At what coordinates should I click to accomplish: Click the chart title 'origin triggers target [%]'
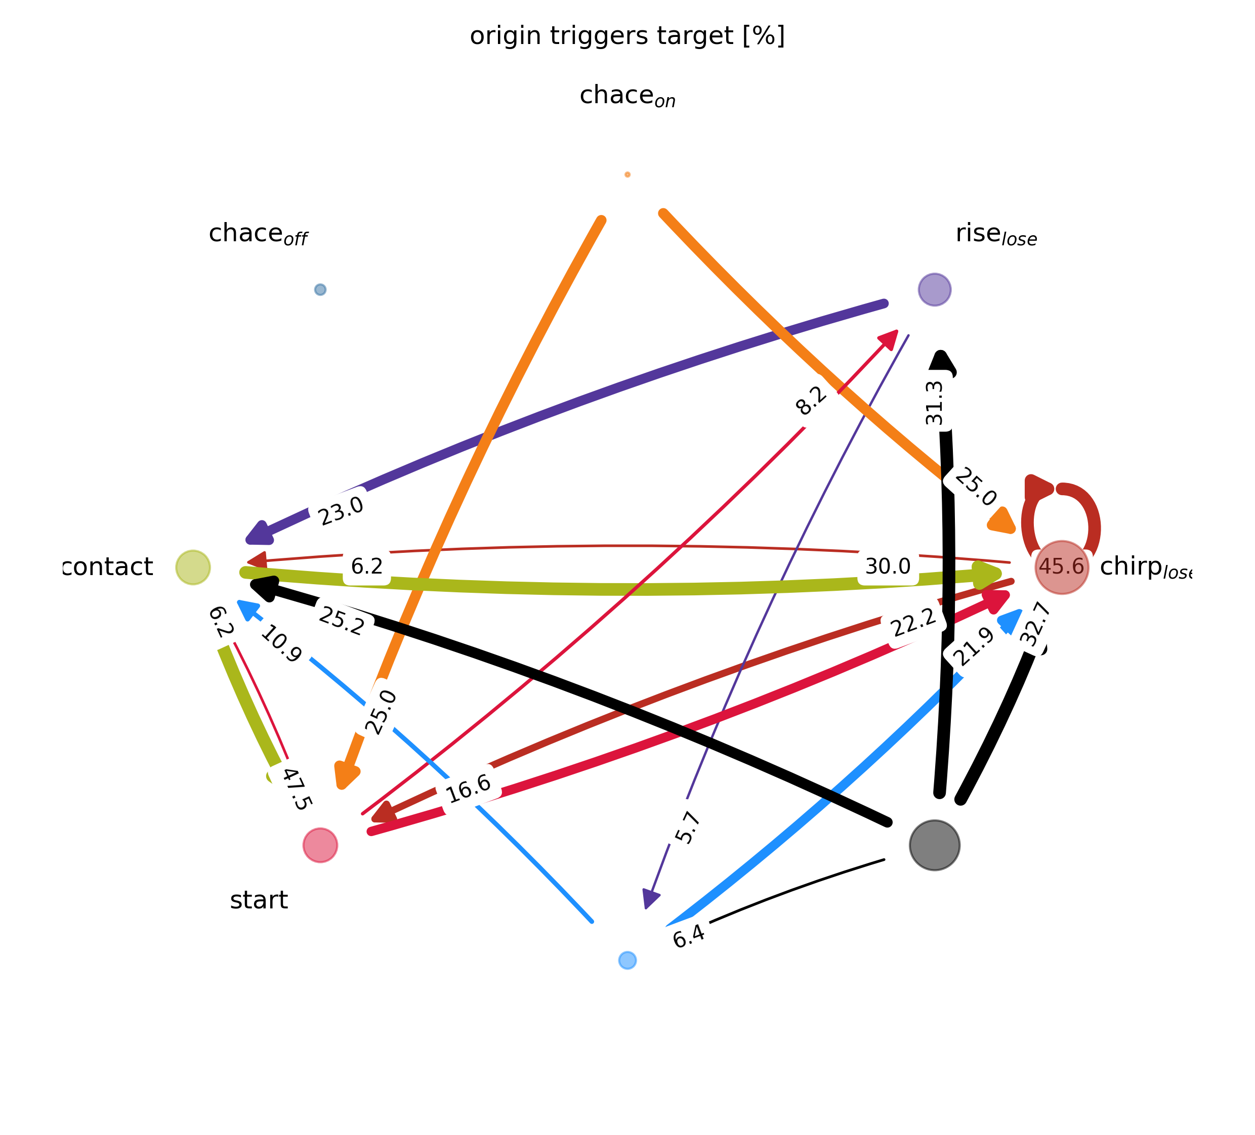pos(627,36)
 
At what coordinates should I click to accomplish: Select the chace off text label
pos(258,234)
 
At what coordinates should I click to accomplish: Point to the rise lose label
pos(996,234)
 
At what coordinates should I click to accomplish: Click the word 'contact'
pos(108,567)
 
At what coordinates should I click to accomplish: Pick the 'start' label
pos(259,900)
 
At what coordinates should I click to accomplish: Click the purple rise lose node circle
pos(934,289)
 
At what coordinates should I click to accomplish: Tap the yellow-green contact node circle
pos(193,567)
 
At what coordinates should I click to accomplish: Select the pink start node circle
pos(320,845)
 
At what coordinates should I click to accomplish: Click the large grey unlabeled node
pos(934,845)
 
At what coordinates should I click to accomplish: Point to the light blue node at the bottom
pos(628,960)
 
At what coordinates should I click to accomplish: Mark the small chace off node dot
pos(320,289)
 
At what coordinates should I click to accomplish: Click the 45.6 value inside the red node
pos(1061,567)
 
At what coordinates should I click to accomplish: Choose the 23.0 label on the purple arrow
pos(340,511)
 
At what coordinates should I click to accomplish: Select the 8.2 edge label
pos(812,401)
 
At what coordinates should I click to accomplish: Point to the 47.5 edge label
pos(296,789)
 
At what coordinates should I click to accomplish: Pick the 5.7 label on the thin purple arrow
pos(688,827)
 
